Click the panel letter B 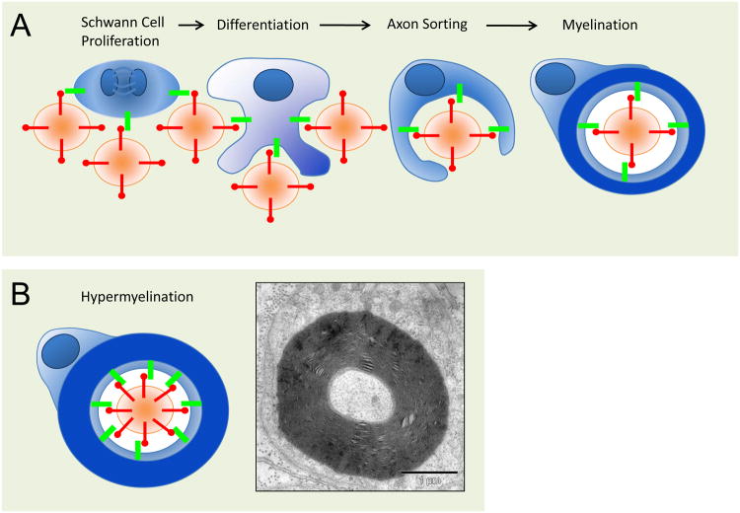pos(19,294)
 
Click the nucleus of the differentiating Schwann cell pos(272,86)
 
